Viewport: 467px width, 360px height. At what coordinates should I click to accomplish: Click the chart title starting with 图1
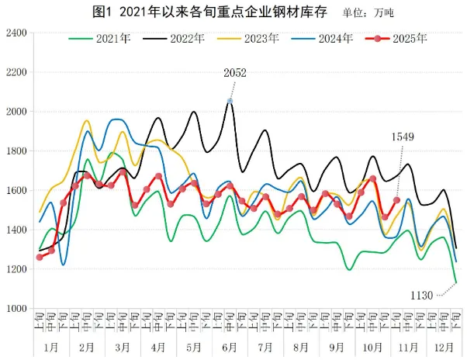(x=197, y=12)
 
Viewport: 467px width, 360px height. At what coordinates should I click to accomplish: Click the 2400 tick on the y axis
(x=16, y=33)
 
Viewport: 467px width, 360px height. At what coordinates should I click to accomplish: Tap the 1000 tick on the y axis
(x=16, y=309)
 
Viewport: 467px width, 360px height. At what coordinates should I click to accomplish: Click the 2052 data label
(x=235, y=73)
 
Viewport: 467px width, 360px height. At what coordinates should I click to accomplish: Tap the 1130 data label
(x=422, y=294)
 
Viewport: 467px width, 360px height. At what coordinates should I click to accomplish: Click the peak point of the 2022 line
(x=230, y=101)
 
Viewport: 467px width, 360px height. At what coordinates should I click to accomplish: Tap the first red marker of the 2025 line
(x=40, y=257)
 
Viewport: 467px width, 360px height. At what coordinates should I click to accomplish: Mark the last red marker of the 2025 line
(x=396, y=200)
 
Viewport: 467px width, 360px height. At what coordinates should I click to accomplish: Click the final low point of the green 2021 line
(x=455, y=282)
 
